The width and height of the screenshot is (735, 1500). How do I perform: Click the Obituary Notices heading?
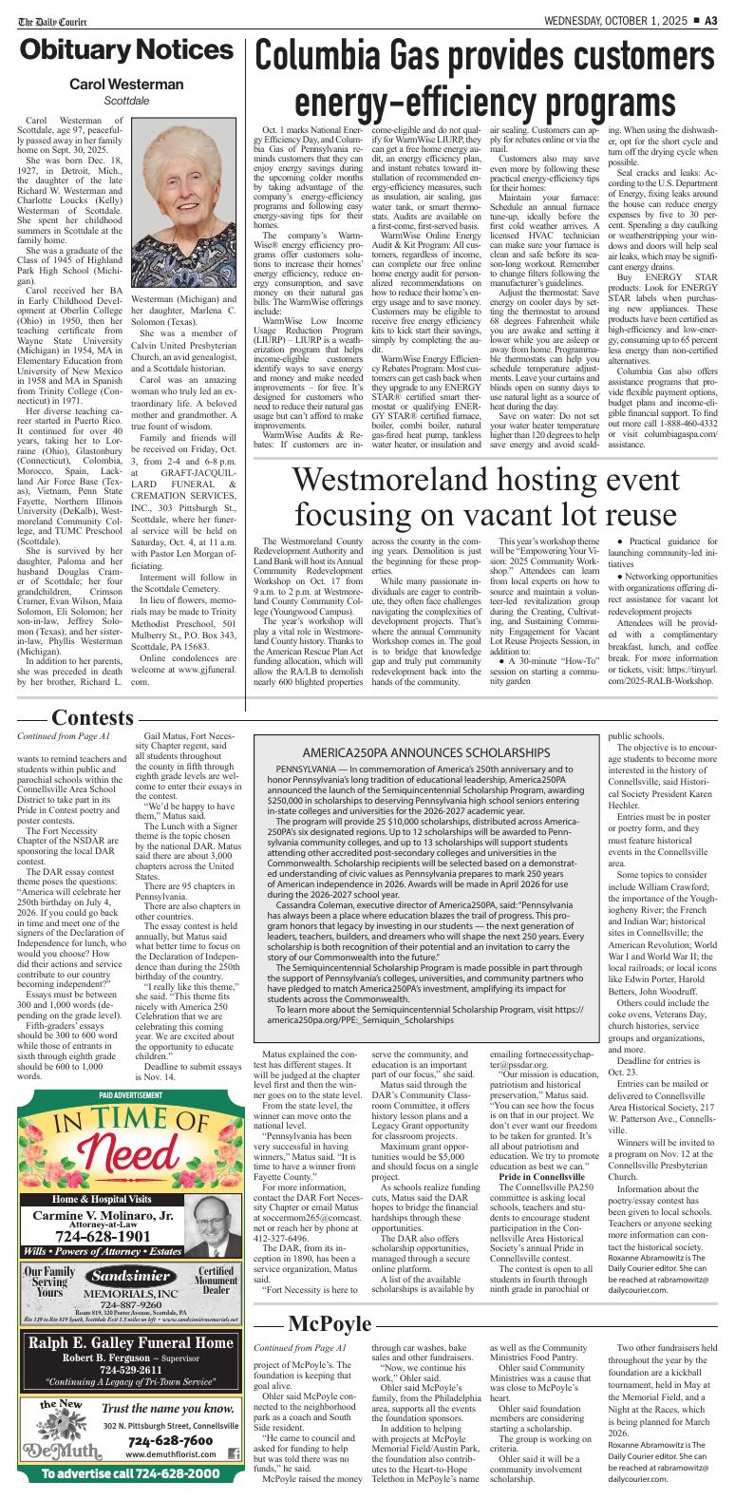(x=123, y=49)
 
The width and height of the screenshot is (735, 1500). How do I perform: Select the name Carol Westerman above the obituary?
(x=126, y=85)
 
